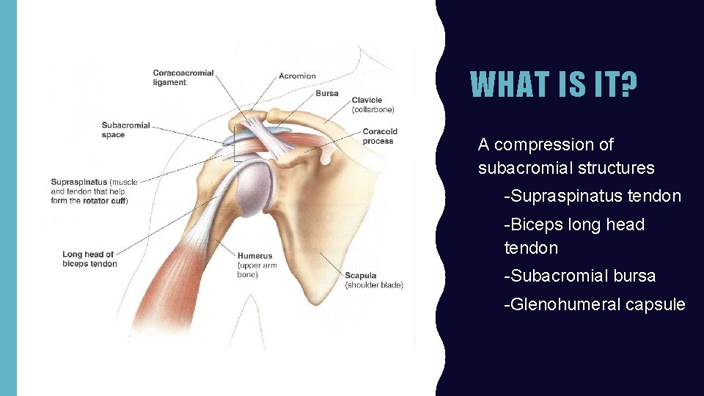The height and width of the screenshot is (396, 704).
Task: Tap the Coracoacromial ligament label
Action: click(x=183, y=78)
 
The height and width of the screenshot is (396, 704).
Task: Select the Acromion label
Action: click(x=297, y=76)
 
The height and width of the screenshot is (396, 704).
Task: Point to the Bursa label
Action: click(x=327, y=94)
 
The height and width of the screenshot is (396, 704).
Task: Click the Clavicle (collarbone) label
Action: click(x=373, y=105)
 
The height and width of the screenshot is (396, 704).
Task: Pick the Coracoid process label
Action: click(x=379, y=136)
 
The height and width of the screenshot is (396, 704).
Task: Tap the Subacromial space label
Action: click(x=125, y=130)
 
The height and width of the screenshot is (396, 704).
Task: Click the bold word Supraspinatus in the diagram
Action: click(x=78, y=182)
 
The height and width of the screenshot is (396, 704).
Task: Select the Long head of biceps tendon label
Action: click(x=89, y=260)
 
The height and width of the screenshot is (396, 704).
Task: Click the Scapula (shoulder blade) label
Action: click(x=373, y=280)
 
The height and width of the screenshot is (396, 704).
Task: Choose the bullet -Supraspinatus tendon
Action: click(x=593, y=197)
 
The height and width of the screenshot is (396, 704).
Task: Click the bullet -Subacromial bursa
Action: click(x=579, y=276)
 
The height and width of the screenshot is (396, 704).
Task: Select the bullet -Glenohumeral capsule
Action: click(x=594, y=304)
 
